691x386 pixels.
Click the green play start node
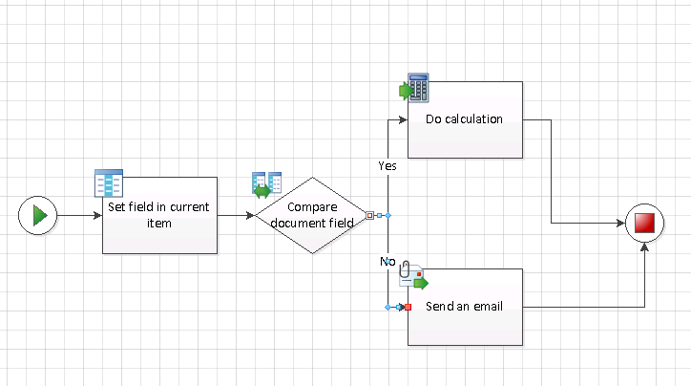point(38,216)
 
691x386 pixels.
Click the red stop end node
point(645,224)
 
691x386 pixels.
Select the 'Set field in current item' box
point(160,229)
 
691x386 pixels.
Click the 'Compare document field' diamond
point(311,216)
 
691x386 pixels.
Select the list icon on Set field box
point(109,183)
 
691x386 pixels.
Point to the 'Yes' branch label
point(387,165)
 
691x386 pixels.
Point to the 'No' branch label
point(387,261)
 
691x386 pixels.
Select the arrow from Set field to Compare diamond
point(237,216)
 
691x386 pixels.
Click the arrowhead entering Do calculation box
point(404,119)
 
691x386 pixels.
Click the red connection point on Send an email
point(408,307)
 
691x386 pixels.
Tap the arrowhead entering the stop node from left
point(621,224)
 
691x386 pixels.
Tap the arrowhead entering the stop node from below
point(645,247)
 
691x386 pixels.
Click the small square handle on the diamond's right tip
point(370,216)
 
